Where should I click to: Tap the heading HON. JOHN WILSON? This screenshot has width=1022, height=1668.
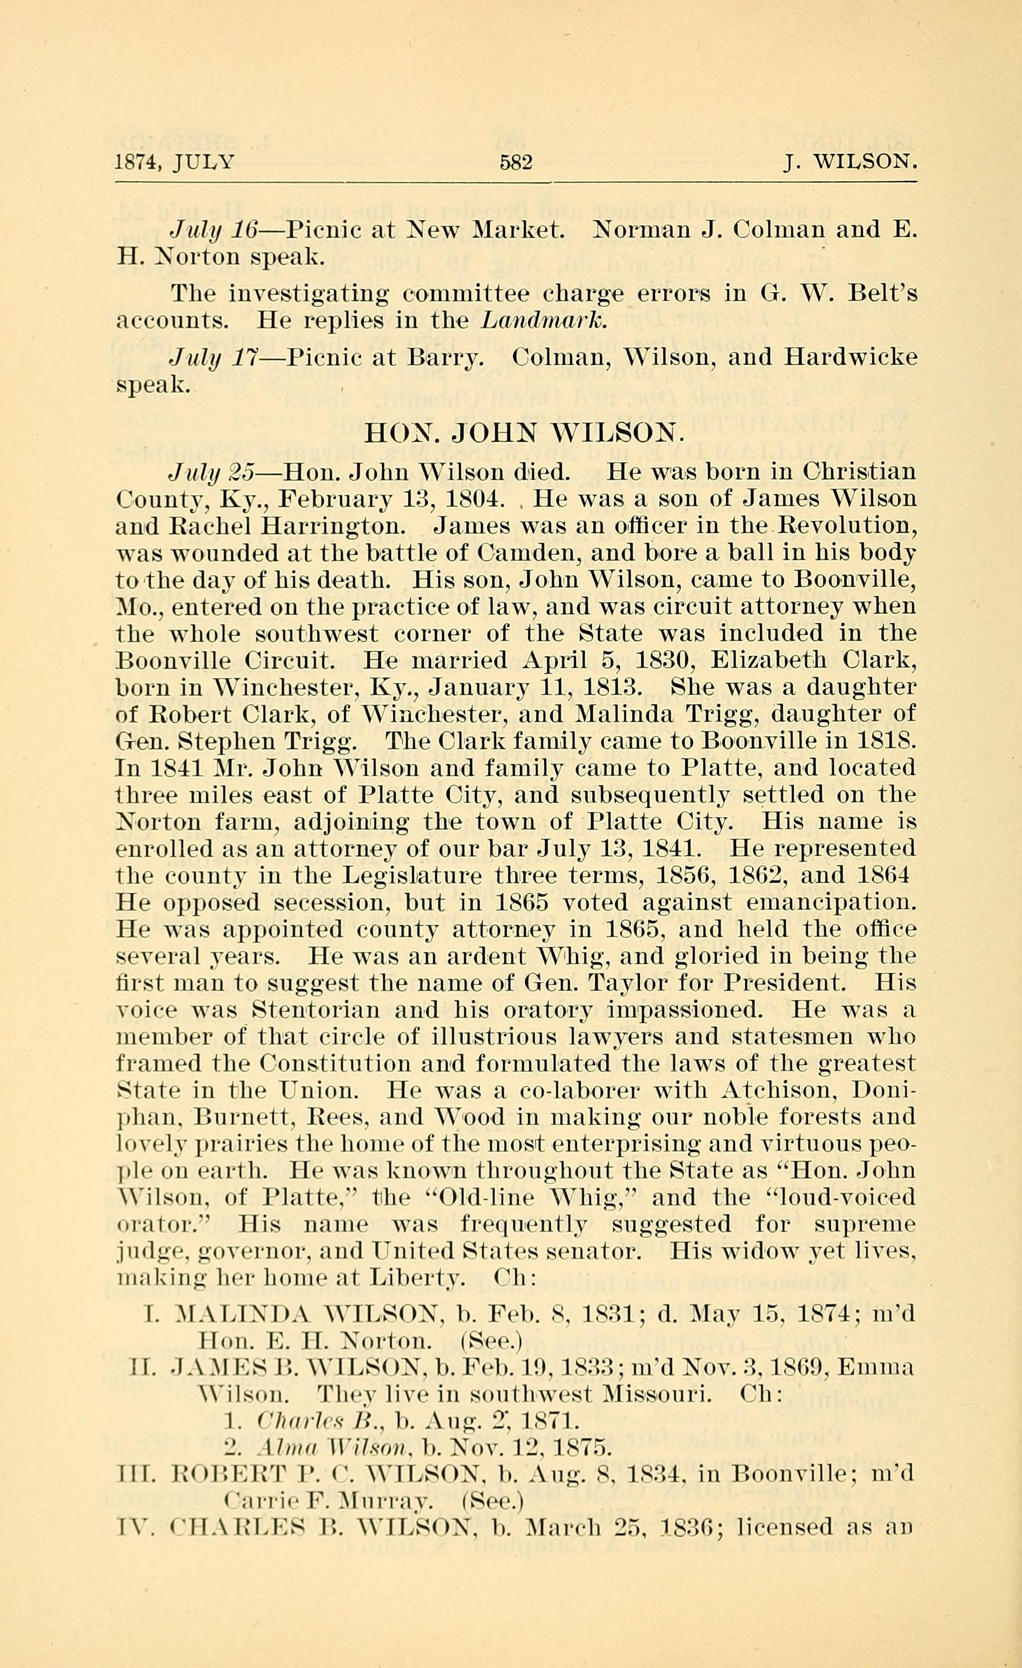click(x=520, y=432)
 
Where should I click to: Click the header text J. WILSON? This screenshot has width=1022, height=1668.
click(x=850, y=164)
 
